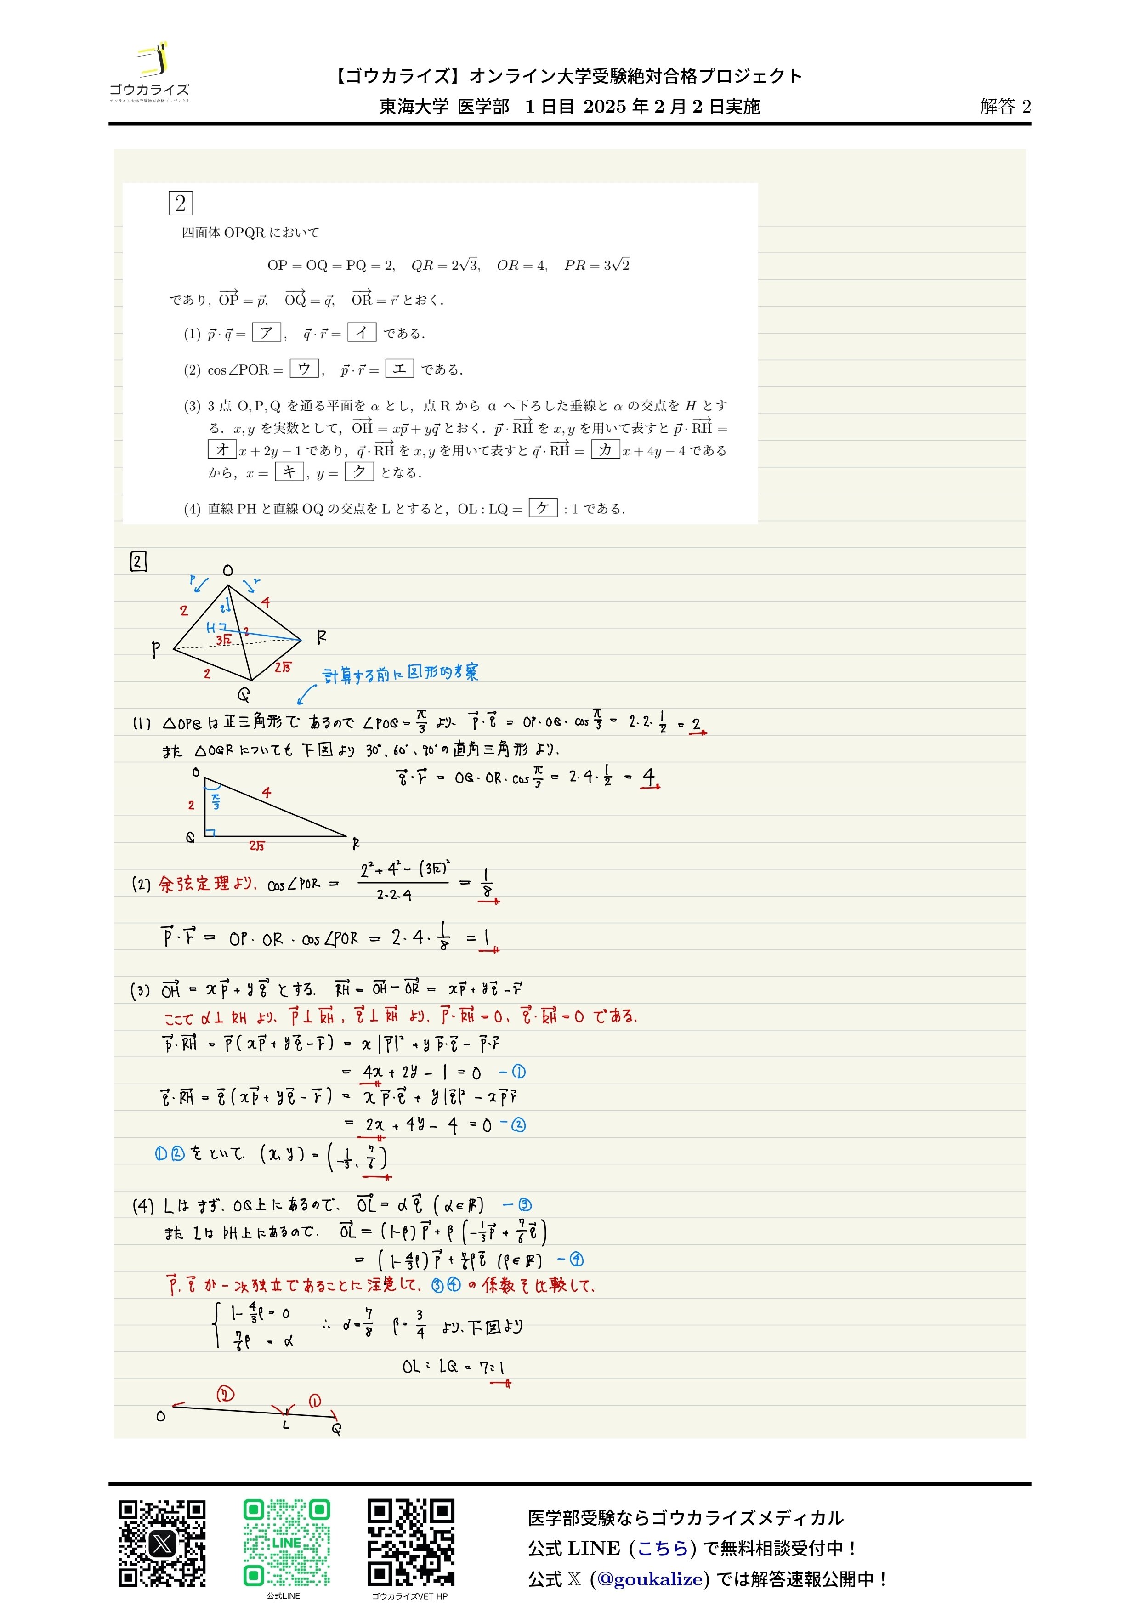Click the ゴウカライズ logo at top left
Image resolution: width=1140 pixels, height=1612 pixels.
pyautogui.click(x=149, y=72)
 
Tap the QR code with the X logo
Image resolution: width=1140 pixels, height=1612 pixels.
pyautogui.click(x=162, y=1543)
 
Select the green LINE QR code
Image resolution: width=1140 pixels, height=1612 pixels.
pyautogui.click(x=286, y=1543)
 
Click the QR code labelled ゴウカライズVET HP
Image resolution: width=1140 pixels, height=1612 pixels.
pyautogui.click(x=411, y=1543)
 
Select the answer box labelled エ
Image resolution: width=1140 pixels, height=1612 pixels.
pyautogui.click(x=399, y=368)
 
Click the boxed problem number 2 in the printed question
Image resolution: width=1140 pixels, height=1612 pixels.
pyautogui.click(x=181, y=203)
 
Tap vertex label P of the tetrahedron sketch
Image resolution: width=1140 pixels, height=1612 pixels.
pyautogui.click(x=156, y=649)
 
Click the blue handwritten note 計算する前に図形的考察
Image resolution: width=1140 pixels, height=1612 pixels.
pyautogui.click(x=400, y=673)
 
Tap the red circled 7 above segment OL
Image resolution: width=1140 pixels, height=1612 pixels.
pyautogui.click(x=225, y=1394)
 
